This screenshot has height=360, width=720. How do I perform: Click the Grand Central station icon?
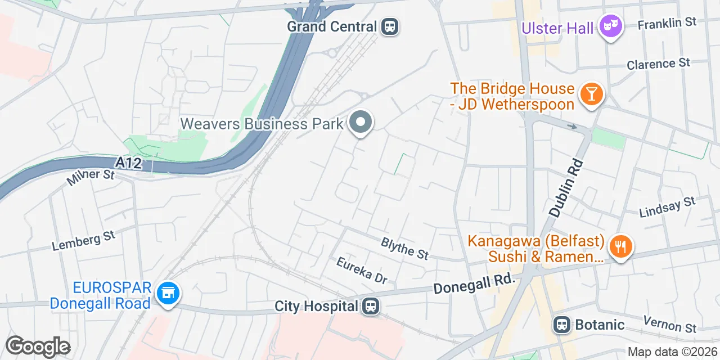389,26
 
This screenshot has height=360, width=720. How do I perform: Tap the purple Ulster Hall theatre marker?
610,26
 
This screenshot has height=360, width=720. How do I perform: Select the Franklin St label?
667,22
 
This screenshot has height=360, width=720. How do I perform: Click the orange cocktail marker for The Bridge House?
591,93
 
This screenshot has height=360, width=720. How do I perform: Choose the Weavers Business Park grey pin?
361,122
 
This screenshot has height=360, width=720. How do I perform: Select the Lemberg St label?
83,241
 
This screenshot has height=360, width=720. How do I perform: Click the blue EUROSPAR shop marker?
168,294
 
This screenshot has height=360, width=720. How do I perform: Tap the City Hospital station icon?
370,307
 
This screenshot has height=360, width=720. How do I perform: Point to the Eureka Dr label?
362,271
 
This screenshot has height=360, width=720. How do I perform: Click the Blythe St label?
405,248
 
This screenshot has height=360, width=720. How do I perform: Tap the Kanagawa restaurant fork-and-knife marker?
620,247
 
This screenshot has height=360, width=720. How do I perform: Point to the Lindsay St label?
668,207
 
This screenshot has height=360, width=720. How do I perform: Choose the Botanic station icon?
561,325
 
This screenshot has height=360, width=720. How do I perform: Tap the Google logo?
38,346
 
